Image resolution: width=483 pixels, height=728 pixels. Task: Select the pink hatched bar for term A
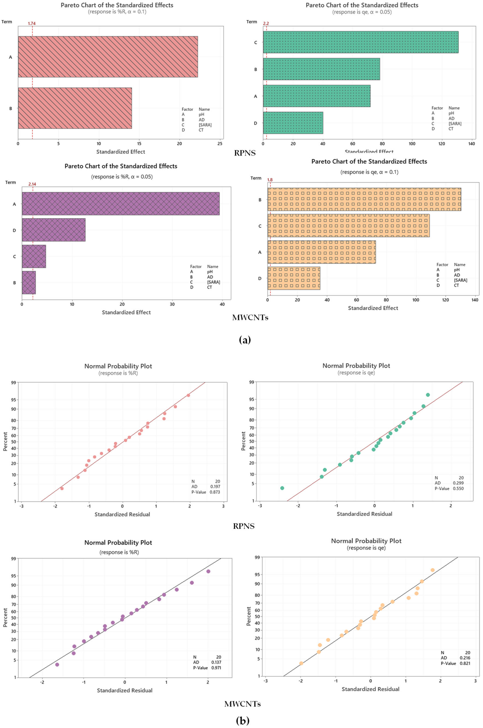click(x=108, y=57)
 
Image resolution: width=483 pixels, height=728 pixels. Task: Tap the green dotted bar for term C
click(x=360, y=42)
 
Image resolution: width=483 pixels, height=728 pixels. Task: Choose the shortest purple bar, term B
click(x=29, y=282)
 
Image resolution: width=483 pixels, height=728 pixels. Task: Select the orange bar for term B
click(x=364, y=200)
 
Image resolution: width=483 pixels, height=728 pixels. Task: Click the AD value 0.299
click(x=458, y=483)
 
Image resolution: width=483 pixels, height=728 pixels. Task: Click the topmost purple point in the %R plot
click(x=208, y=571)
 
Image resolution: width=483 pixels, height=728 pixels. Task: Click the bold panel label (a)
click(x=245, y=340)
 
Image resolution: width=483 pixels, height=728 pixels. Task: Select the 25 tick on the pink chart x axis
click(x=220, y=143)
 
